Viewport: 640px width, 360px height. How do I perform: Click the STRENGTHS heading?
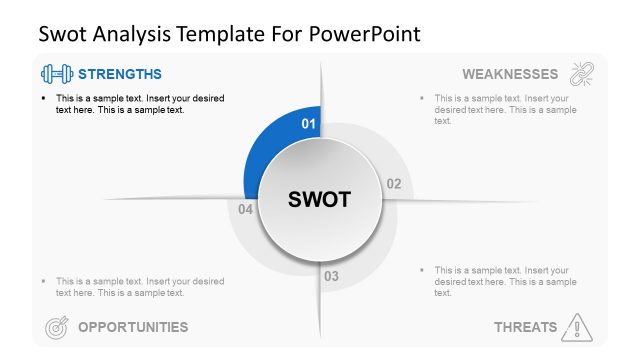click(x=119, y=74)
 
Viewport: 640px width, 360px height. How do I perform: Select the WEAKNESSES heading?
click(x=509, y=74)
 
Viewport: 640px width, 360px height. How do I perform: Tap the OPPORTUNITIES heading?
click(x=133, y=326)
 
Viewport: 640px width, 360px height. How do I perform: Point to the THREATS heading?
click(x=525, y=327)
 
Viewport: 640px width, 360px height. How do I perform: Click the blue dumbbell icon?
click(x=56, y=74)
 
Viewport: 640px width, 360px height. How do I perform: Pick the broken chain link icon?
click(x=582, y=74)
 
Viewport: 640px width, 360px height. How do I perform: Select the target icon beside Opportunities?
click(x=56, y=326)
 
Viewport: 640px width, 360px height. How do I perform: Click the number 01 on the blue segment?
click(x=309, y=124)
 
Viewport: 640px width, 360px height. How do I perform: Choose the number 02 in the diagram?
click(x=393, y=184)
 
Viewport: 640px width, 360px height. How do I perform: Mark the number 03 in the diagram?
click(x=331, y=276)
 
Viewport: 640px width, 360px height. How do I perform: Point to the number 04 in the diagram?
click(x=246, y=209)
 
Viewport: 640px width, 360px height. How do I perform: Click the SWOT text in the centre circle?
click(x=319, y=199)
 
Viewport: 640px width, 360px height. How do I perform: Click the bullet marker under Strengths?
click(x=42, y=99)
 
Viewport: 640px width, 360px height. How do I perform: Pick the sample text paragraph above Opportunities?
click(x=140, y=287)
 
